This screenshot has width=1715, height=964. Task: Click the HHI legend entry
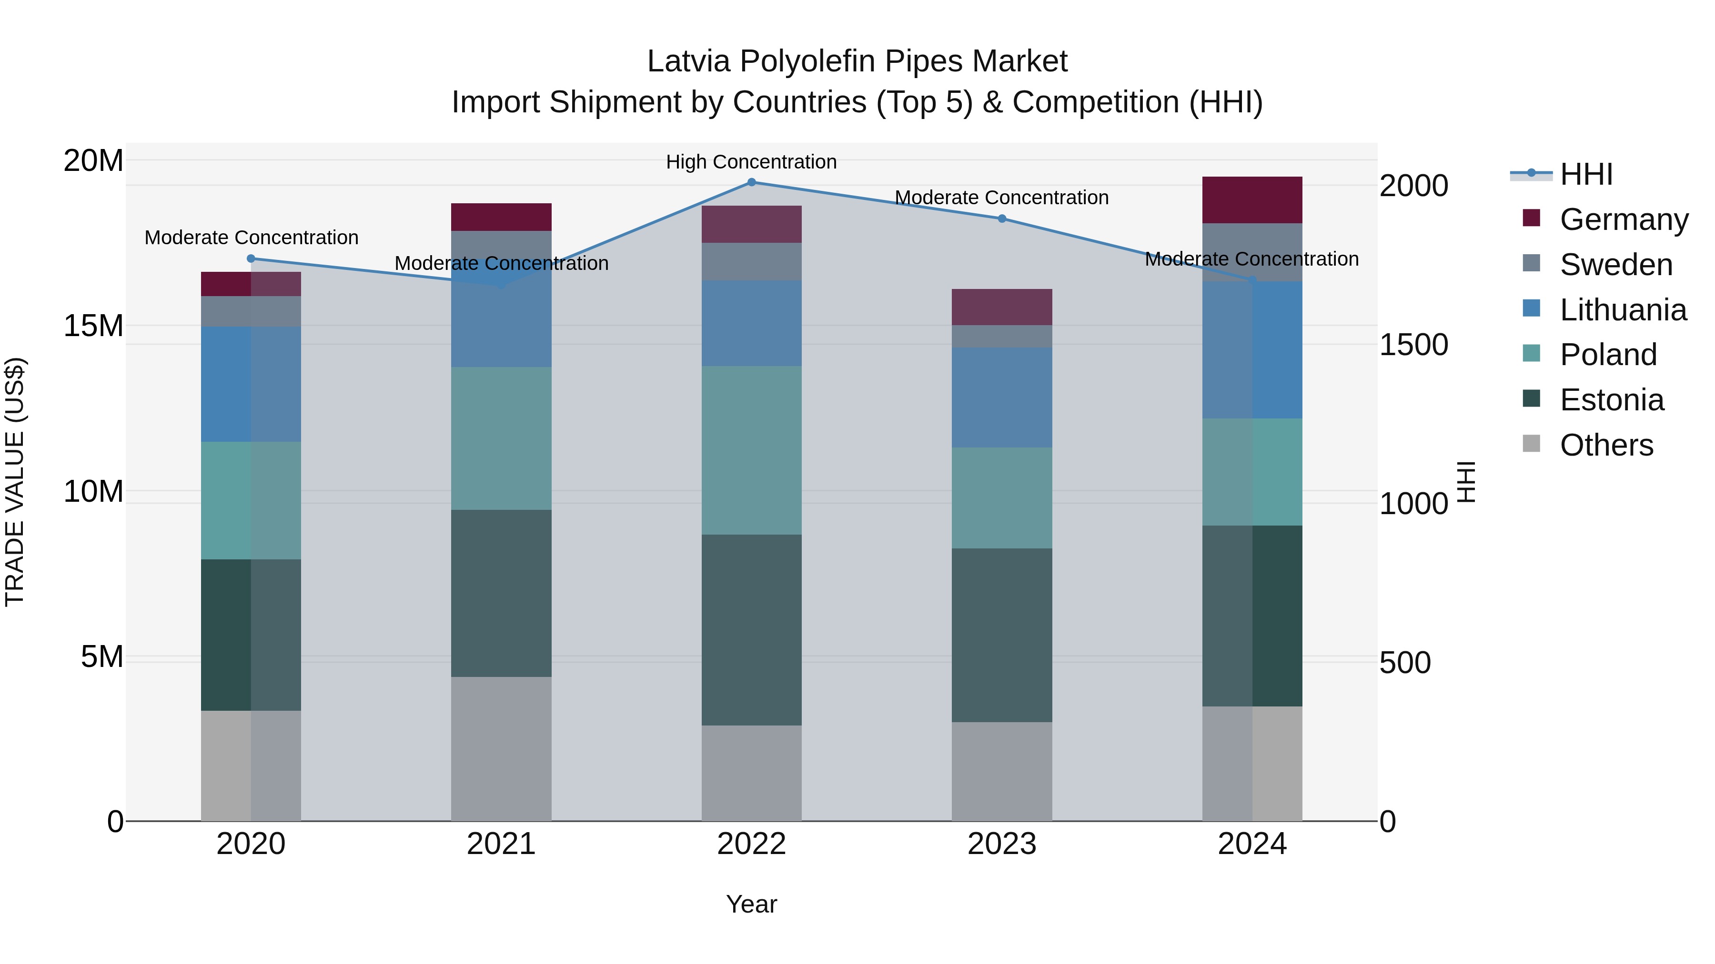tap(1585, 174)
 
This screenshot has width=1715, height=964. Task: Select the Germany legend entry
tap(1623, 219)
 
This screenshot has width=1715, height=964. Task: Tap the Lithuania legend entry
tap(1623, 310)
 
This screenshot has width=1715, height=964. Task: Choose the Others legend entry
tap(1606, 445)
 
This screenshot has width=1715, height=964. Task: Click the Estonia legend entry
tap(1611, 400)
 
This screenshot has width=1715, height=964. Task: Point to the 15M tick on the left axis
tap(93, 326)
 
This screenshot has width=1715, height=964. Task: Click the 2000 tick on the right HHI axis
tap(1413, 186)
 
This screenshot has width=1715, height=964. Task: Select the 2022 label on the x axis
tap(751, 844)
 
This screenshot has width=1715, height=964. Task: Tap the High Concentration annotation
tap(751, 162)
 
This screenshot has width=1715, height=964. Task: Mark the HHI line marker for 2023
tap(1002, 218)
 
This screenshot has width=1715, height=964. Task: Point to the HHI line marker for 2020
tap(251, 259)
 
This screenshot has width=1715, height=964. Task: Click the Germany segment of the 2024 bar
tap(1251, 199)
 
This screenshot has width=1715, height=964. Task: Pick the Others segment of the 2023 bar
tap(1002, 771)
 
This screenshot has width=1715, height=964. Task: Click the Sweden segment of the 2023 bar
tap(1002, 336)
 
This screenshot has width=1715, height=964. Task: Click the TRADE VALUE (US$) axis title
tap(15, 482)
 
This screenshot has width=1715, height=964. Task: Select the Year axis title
tap(751, 904)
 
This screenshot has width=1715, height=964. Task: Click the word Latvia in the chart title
tap(688, 61)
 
